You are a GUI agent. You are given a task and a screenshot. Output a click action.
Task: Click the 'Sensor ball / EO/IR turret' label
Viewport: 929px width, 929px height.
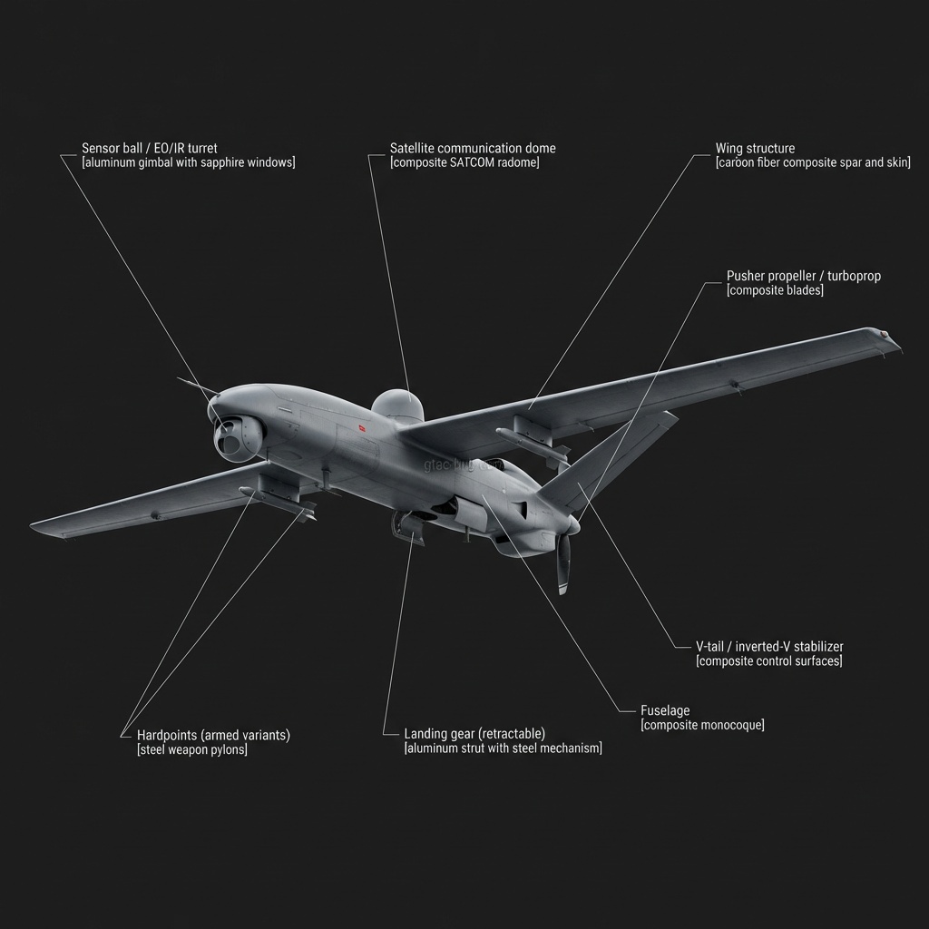[150, 148]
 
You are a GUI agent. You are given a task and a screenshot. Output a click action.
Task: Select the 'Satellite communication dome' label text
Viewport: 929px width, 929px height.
[473, 148]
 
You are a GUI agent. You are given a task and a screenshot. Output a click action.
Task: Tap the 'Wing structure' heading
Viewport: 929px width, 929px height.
[755, 148]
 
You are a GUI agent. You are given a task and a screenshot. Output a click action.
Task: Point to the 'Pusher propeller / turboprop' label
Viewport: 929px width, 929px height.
[804, 276]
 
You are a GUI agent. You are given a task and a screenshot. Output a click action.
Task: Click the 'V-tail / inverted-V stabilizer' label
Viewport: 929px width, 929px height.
[769, 646]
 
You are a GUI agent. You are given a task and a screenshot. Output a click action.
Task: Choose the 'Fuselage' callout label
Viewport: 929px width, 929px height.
[665, 710]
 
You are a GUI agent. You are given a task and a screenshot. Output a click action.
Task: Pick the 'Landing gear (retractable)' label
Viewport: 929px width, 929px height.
[474, 734]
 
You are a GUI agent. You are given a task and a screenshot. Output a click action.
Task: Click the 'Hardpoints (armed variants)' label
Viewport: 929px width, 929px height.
[213, 735]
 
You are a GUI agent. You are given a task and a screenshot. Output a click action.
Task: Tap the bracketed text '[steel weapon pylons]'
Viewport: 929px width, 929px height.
[192, 749]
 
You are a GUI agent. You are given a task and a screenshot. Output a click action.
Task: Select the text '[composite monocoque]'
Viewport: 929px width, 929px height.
[702, 725]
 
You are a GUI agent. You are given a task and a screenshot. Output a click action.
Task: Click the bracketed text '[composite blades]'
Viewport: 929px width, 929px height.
[775, 290]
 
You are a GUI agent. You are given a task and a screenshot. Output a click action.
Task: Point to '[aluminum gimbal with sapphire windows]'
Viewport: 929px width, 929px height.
[189, 162]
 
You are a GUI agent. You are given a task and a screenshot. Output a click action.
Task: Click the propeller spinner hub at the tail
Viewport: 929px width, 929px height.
[573, 525]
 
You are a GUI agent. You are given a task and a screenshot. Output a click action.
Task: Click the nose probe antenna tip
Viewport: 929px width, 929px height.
[178, 378]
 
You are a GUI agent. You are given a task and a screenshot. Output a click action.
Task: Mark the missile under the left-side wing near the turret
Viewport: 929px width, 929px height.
[278, 502]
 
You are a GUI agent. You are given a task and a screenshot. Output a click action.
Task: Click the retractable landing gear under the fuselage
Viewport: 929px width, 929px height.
[407, 529]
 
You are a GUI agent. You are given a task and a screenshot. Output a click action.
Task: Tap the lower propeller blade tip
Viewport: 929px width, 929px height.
[562, 590]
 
